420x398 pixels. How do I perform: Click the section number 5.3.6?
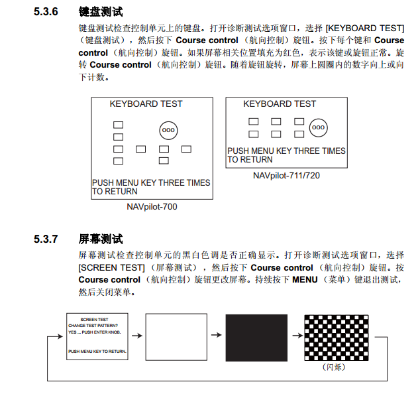[x=46, y=11]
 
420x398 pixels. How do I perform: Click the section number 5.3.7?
[x=46, y=239]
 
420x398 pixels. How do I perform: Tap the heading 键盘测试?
[x=101, y=12]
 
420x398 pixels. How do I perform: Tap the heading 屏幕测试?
[x=101, y=239]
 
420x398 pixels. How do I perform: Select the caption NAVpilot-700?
[x=152, y=207]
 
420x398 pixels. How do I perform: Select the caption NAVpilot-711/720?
[x=286, y=175]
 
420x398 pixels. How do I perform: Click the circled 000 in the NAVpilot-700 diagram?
[x=168, y=130]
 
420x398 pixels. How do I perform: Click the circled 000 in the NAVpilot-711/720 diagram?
[x=319, y=127]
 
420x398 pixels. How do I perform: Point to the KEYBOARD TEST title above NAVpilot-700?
[x=146, y=103]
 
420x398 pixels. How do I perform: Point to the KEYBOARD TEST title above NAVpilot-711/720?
[x=280, y=103]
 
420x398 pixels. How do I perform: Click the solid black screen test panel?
[x=256, y=338]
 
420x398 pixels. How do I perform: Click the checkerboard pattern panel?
[x=337, y=338]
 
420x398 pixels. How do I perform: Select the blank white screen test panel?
[x=176, y=337]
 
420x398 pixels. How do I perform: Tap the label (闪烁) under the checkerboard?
[x=334, y=367]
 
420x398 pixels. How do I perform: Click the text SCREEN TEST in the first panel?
[x=94, y=320]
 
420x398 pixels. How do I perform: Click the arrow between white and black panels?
[x=217, y=335]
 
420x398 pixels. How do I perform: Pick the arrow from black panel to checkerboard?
[x=297, y=335]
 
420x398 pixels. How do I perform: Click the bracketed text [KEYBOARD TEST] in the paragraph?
[x=365, y=28]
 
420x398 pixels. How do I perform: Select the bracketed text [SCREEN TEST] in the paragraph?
[x=112, y=267]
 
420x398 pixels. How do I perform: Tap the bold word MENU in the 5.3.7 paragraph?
[x=305, y=280]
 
